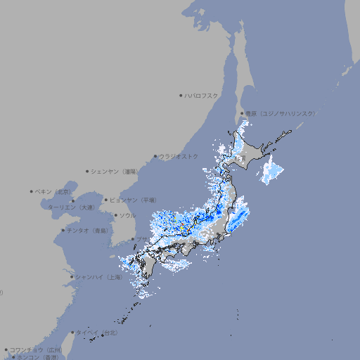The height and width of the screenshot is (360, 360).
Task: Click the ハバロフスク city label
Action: (202, 96)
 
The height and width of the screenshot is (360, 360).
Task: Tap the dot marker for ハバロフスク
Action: (181, 96)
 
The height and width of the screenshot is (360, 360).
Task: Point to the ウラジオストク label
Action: (179, 156)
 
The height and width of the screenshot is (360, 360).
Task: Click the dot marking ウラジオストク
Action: (156, 157)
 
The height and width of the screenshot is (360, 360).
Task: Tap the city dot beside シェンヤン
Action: (88, 171)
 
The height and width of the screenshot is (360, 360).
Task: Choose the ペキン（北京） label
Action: (53, 191)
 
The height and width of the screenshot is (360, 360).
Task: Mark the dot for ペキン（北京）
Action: (32, 191)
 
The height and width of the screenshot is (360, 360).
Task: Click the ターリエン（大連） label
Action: (71, 207)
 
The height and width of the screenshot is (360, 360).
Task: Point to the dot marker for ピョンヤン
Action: (107, 200)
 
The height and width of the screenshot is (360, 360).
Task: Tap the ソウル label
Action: (127, 215)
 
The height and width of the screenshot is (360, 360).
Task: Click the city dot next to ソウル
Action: (115, 216)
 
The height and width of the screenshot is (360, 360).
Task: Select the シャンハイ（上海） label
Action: (98, 277)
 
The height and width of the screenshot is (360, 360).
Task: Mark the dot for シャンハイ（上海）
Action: (72, 277)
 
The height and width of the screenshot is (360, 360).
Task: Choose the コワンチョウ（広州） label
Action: (35, 349)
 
